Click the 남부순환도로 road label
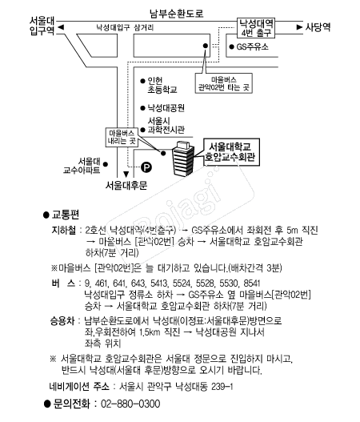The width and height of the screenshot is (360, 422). (x=176, y=13)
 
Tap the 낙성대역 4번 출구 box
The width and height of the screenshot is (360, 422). (x=256, y=28)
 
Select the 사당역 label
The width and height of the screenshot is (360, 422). (x=318, y=27)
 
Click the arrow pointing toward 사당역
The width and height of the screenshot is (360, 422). (x=299, y=27)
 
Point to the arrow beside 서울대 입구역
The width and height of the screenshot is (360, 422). (x=61, y=27)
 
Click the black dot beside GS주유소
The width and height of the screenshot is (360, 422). (x=231, y=46)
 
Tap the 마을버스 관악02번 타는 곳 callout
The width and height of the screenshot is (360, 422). (x=224, y=83)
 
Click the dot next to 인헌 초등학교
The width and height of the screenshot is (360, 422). (x=142, y=81)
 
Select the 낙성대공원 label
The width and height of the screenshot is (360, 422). (x=166, y=108)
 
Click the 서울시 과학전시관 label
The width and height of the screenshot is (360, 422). (x=166, y=125)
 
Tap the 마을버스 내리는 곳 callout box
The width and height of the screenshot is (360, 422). (x=122, y=137)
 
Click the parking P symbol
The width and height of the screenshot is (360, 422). (x=146, y=167)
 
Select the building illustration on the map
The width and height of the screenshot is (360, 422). (x=183, y=159)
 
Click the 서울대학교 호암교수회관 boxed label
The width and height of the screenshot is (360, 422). (x=231, y=152)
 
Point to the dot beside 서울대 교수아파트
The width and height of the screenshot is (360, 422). (x=106, y=164)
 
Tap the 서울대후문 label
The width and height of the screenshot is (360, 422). (x=126, y=186)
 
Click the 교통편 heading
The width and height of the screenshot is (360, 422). (x=66, y=215)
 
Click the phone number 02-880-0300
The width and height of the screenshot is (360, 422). (x=130, y=404)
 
